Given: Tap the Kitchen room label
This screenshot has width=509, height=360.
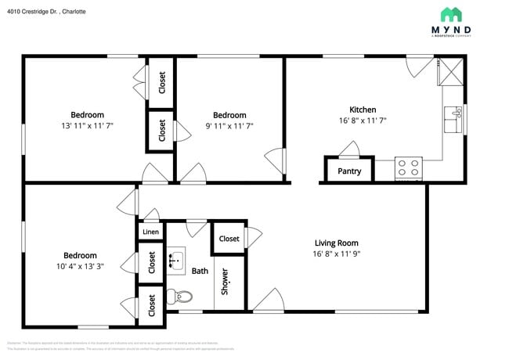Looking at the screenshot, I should pos(362,110).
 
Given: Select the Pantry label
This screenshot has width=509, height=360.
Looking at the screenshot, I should pos(349,171).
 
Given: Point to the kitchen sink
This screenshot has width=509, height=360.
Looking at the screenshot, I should pos(453,119).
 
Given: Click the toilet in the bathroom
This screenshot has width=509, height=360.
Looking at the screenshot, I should pos(179,297).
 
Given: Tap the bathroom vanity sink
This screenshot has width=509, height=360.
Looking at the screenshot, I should pos(176,258).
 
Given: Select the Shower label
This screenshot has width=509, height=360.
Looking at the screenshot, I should pos(225,281).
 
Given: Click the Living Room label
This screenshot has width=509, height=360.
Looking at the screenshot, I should pos(336,243).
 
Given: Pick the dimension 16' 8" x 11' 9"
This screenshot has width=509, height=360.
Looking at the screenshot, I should pos(336,254).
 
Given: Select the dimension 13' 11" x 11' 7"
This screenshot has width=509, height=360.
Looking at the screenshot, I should pos(87,126).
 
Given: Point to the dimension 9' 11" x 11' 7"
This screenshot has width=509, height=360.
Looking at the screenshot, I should pos(229,126).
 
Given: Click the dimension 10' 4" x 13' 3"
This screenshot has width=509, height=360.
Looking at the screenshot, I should pos(79,266).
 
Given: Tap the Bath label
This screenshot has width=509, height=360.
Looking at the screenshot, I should pos(200,271).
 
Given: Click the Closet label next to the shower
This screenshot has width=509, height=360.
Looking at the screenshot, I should pos(229,239).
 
